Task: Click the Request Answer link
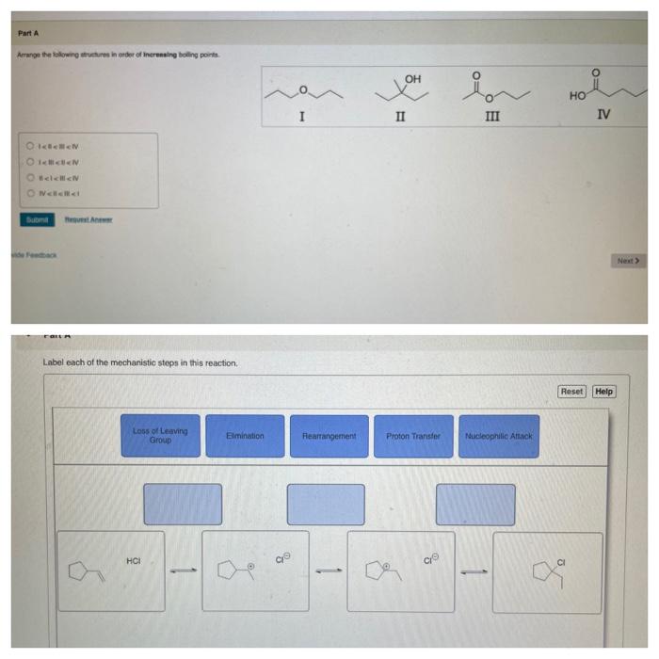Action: pos(88,220)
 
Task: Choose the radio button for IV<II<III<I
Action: pos(29,193)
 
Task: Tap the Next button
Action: pos(628,260)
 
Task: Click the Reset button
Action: pos(571,391)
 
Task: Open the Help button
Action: pos(603,391)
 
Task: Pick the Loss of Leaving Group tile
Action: pos(160,436)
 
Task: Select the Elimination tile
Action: pos(245,436)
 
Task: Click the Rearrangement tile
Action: pos(329,436)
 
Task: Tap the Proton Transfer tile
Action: pos(413,436)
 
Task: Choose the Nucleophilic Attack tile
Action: pos(498,436)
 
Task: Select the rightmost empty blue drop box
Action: pos(474,504)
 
